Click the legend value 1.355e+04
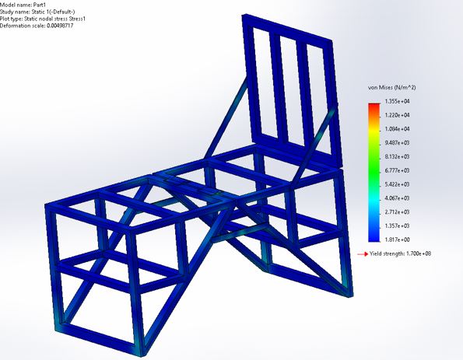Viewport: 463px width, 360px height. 397,101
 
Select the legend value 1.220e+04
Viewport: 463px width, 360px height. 397,115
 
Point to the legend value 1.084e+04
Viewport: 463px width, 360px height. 397,129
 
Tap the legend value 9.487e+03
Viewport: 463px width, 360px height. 397,143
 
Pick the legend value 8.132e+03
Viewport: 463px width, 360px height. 397,157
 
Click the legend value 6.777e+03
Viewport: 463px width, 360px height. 397,170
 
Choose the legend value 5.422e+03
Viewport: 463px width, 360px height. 397,184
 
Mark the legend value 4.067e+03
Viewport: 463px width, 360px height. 397,198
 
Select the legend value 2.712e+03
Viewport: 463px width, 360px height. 397,211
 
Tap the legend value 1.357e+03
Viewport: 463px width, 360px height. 397,225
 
